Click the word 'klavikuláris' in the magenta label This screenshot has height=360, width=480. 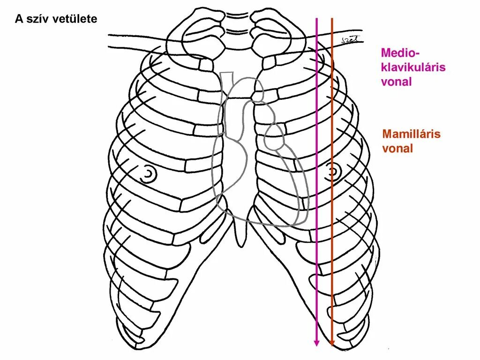click(x=413, y=67)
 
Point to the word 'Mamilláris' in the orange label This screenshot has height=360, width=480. click(x=412, y=134)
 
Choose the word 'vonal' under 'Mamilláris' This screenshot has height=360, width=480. click(x=397, y=149)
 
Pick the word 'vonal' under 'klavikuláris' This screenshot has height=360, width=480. click(x=396, y=82)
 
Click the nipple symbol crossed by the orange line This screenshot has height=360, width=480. click(x=333, y=172)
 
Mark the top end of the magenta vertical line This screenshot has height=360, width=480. click(x=316, y=19)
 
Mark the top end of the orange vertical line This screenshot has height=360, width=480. click(x=332, y=19)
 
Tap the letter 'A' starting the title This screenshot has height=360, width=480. click(x=19, y=19)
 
